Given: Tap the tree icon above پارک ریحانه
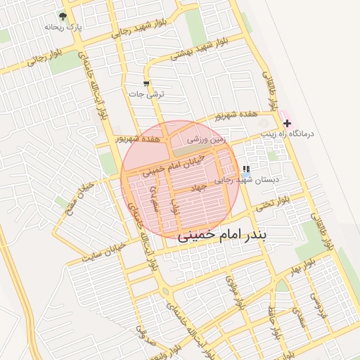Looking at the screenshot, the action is [x=63, y=15].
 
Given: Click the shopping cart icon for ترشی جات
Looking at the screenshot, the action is [x=146, y=84].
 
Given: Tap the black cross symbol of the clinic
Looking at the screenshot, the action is [x=287, y=123].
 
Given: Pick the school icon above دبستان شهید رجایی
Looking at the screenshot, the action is [x=245, y=169].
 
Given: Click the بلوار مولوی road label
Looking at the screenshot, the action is [x=231, y=288].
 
